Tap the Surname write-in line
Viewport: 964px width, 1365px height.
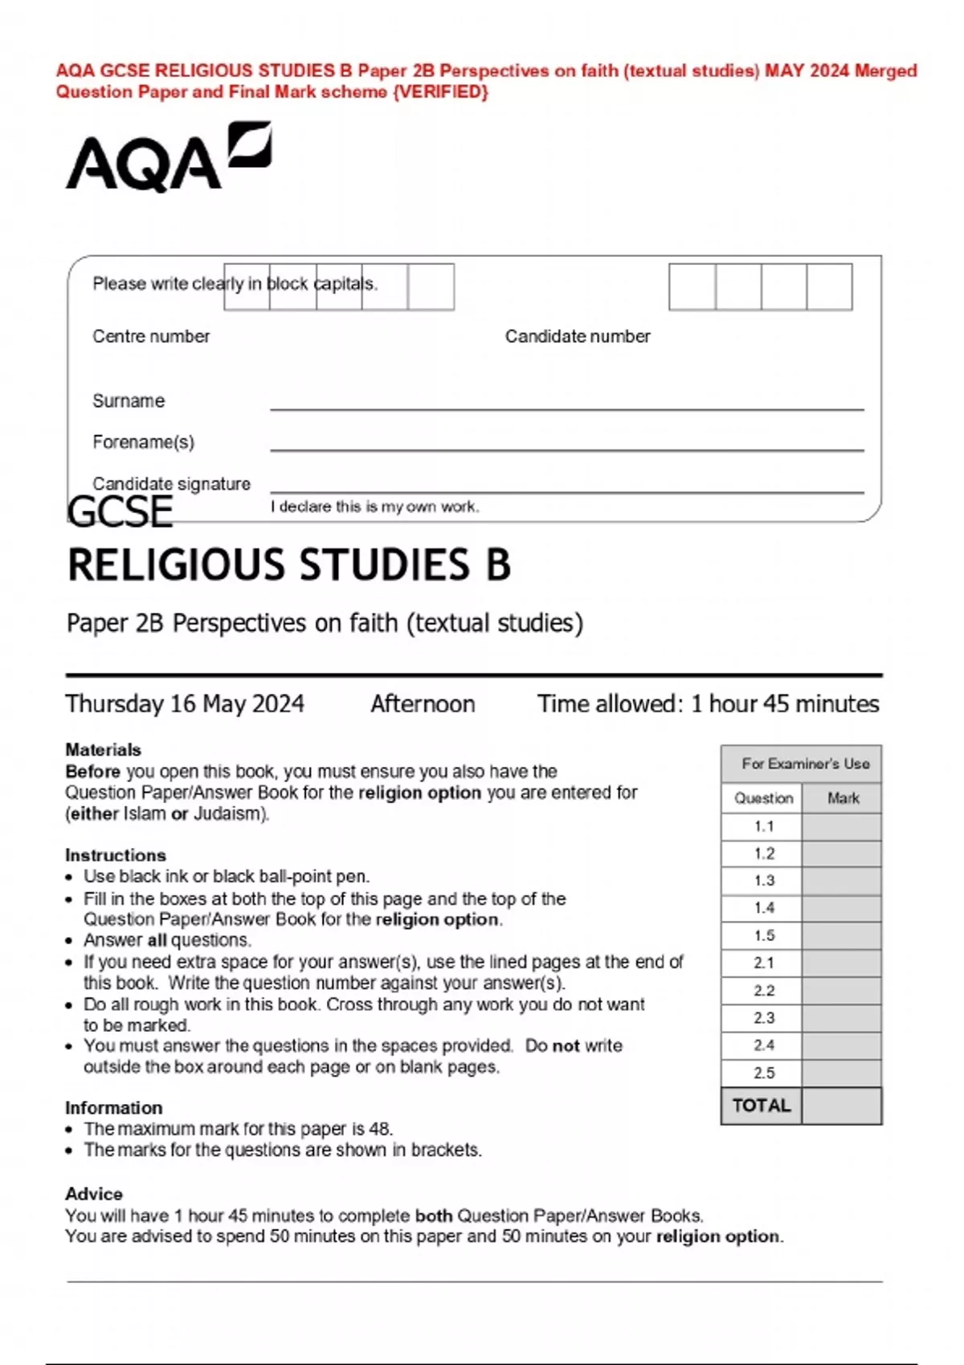566,408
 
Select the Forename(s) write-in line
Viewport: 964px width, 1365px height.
566,449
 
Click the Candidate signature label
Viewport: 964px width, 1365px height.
171,483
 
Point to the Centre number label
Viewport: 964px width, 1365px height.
151,336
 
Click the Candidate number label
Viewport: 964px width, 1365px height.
578,336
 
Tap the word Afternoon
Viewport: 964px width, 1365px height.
423,704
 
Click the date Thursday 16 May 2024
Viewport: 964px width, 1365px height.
185,704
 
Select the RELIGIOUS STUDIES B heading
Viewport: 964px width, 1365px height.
289,565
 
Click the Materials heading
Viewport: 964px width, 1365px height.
103,749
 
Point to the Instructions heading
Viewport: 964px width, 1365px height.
116,855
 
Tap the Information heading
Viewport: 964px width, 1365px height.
113,1107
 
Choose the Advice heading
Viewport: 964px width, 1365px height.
94,1193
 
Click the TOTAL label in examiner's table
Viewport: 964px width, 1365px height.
762,1106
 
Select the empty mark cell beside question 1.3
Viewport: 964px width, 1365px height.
841,881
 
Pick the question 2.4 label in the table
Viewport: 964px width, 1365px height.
763,1045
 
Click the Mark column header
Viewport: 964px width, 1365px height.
843,798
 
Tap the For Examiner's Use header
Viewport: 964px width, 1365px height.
805,764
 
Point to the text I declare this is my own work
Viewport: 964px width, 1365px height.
374,507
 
